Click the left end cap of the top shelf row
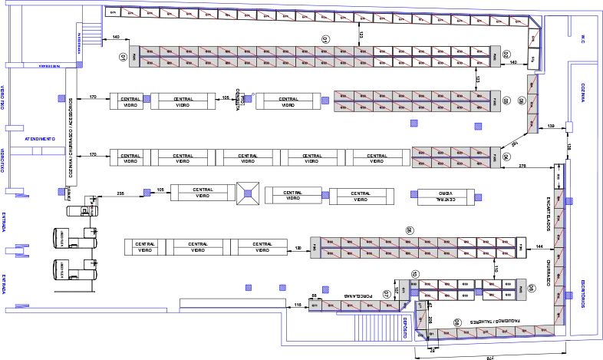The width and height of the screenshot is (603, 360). click(133, 56)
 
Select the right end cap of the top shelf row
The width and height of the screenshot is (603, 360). click(495, 56)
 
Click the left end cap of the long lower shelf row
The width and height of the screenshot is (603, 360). click(314, 247)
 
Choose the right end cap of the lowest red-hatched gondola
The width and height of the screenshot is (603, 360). click(521, 289)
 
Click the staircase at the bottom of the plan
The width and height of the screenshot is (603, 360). click(381, 327)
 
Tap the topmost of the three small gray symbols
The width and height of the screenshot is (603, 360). click(92, 200)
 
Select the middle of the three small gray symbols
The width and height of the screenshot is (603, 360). click(92, 232)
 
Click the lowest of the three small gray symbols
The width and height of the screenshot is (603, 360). click(92, 264)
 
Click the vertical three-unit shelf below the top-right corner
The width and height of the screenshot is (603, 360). click(532, 103)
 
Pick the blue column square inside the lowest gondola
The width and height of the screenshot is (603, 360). click(479, 292)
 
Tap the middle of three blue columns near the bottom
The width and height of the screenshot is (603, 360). click(283, 288)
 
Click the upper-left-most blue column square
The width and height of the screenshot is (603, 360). click(61, 98)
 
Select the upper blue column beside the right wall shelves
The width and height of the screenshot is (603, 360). click(570, 201)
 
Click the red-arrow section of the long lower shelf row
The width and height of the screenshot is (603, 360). click(486, 247)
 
